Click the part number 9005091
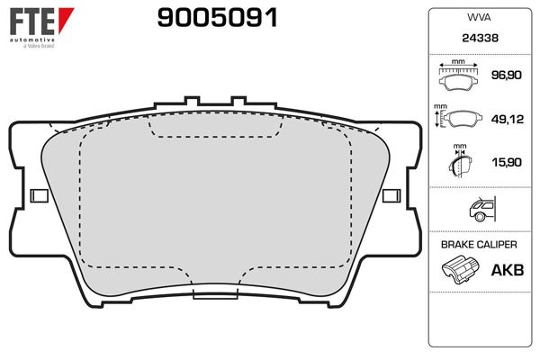click(217, 17)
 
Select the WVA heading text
click(479, 17)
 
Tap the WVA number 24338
click(479, 40)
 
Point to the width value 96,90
click(505, 77)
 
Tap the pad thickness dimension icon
click(461, 164)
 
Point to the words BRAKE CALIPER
click(479, 245)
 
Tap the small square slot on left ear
click(39, 195)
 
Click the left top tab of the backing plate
click(189, 103)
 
